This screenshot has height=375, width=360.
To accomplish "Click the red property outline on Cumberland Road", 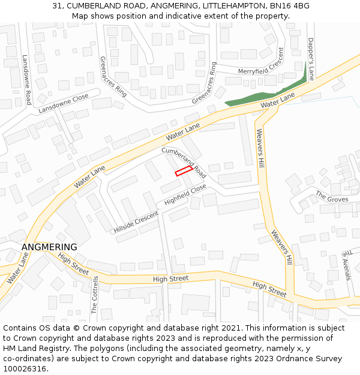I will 184,171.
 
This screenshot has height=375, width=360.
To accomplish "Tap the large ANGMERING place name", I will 49,247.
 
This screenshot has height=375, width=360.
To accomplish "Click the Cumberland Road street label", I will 184,163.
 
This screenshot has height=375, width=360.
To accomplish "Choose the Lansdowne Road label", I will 26,80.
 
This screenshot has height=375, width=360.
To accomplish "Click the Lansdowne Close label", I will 64,103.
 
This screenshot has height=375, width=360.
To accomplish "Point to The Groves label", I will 332,197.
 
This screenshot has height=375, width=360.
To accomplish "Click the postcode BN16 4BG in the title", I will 290,5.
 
